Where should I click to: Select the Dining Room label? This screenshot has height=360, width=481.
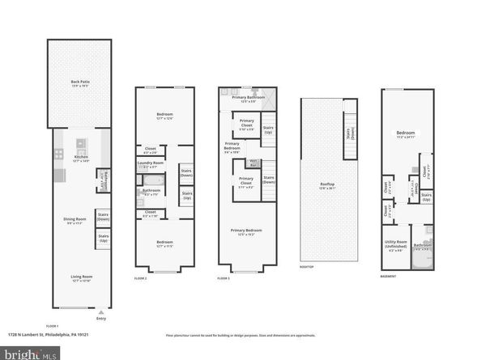pos(75,220)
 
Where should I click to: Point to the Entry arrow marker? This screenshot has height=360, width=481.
pos(100,311)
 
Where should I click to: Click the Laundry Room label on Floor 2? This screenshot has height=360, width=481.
pos(151,165)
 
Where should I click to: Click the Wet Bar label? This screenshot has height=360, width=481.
pos(253,163)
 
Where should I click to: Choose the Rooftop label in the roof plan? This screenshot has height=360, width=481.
pos(327,185)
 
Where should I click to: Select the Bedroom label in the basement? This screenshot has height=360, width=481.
pos(406,133)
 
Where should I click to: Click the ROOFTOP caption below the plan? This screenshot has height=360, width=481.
pos(307,267)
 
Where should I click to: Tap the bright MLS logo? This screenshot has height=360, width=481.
pos(30,353)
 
